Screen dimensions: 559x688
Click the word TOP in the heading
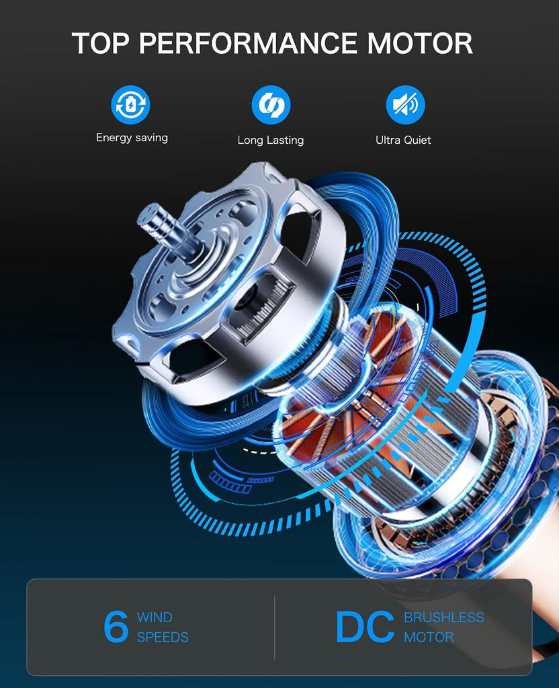click(101, 43)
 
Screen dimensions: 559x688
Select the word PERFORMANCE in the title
click(248, 43)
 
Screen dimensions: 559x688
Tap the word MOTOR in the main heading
click(420, 43)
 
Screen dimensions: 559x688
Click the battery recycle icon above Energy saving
click(130, 105)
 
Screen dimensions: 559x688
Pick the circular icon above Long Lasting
click(271, 105)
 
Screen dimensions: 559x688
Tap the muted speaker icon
click(405, 105)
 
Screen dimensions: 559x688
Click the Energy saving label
click(132, 138)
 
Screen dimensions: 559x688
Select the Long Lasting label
click(271, 140)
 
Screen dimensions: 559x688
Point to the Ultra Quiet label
click(403, 140)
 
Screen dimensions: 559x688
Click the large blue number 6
click(116, 627)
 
